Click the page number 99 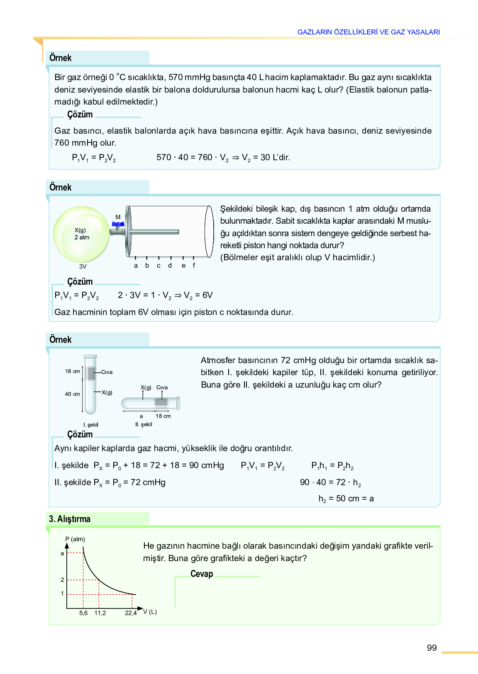tap(432, 648)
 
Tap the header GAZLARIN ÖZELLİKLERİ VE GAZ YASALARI tap(368, 32)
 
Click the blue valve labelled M tap(118, 225)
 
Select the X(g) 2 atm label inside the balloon tap(82, 234)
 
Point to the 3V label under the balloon tap(83, 266)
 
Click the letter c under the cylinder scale tap(159, 266)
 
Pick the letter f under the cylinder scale tap(194, 266)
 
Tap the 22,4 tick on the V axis tap(131, 613)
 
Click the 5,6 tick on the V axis tap(83, 613)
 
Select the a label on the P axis tap(62, 553)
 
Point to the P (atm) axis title tap(75, 539)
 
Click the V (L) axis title tap(150, 612)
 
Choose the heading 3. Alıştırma tap(70, 519)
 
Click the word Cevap tap(202, 574)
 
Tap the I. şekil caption tap(91, 425)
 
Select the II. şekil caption tap(144, 424)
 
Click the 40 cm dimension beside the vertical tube tap(72, 394)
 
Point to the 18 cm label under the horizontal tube tap(163, 416)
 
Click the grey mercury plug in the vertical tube tap(91, 374)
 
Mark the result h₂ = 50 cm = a tap(346, 498)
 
